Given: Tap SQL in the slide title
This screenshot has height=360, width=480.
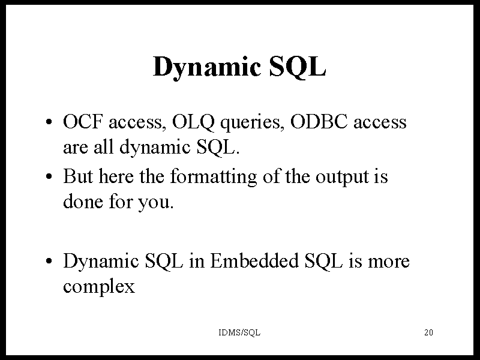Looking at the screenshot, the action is (x=298, y=67).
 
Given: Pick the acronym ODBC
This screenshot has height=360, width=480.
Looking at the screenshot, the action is (x=319, y=122).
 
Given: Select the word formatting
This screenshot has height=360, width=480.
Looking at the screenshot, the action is (x=214, y=177).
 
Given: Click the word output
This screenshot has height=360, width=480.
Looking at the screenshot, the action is (x=342, y=178).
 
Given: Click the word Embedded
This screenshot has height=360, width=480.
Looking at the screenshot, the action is (x=254, y=261).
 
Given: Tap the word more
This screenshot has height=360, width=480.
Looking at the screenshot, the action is (x=388, y=263).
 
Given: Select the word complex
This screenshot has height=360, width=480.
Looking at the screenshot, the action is (x=99, y=287).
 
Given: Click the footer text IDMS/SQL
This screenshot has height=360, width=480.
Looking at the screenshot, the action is (x=239, y=332).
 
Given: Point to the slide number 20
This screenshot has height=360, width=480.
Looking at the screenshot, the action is (x=428, y=332).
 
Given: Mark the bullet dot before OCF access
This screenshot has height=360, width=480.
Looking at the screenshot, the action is (x=49, y=122).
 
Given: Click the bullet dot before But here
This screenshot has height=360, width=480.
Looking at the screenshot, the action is (x=49, y=177).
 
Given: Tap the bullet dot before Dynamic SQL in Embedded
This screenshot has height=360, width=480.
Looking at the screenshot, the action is (x=49, y=262).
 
